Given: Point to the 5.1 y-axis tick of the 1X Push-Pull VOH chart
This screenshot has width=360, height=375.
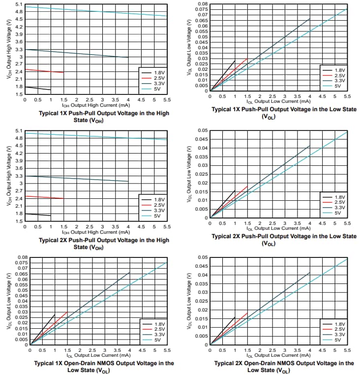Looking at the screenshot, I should point(18,4).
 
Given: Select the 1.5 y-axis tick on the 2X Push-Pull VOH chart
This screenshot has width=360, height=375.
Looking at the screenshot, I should point(18,221).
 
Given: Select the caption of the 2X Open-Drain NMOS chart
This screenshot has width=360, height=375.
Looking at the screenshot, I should point(284,366).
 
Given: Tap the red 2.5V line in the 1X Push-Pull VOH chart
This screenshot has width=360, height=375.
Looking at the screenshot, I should point(44,71).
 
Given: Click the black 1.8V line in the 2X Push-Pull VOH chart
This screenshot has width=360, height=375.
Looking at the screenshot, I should point(37,215).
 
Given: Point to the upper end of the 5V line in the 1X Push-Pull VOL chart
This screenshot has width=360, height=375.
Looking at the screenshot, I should point(347,9).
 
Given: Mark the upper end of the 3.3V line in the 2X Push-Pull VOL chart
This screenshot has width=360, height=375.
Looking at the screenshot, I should point(310,146).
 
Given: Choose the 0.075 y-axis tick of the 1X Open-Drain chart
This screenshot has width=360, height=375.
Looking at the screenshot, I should point(21,263).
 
